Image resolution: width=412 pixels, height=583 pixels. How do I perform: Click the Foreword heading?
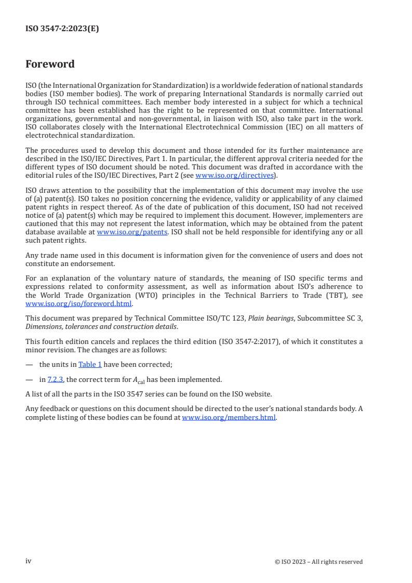click(50, 64)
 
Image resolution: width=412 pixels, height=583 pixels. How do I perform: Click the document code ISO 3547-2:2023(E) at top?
click(62, 29)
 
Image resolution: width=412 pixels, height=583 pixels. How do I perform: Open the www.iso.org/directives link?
click(234, 176)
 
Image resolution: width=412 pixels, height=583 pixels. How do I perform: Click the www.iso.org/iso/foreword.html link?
click(79, 304)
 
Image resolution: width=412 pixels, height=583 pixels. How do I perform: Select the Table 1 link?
click(90, 365)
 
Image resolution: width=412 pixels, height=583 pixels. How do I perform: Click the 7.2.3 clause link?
click(55, 380)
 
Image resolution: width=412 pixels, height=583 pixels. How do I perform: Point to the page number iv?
click(29, 561)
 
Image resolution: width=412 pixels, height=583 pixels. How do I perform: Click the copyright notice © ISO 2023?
click(318, 562)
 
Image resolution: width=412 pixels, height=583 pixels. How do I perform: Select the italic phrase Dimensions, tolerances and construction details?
click(101, 326)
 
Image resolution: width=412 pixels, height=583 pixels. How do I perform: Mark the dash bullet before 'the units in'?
click(29, 365)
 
